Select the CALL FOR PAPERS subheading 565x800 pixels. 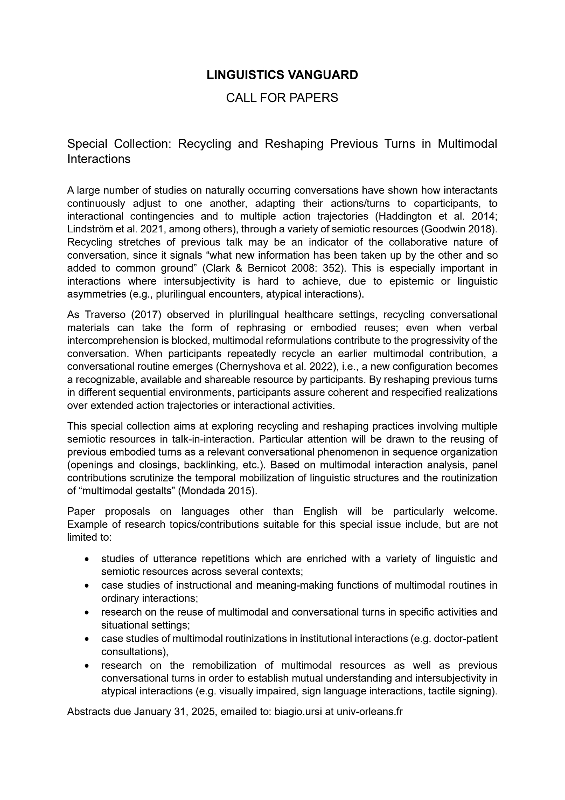tap(282, 98)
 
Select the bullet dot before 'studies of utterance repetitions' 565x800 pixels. tap(87, 559)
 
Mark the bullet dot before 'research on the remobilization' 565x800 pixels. tap(87, 666)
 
